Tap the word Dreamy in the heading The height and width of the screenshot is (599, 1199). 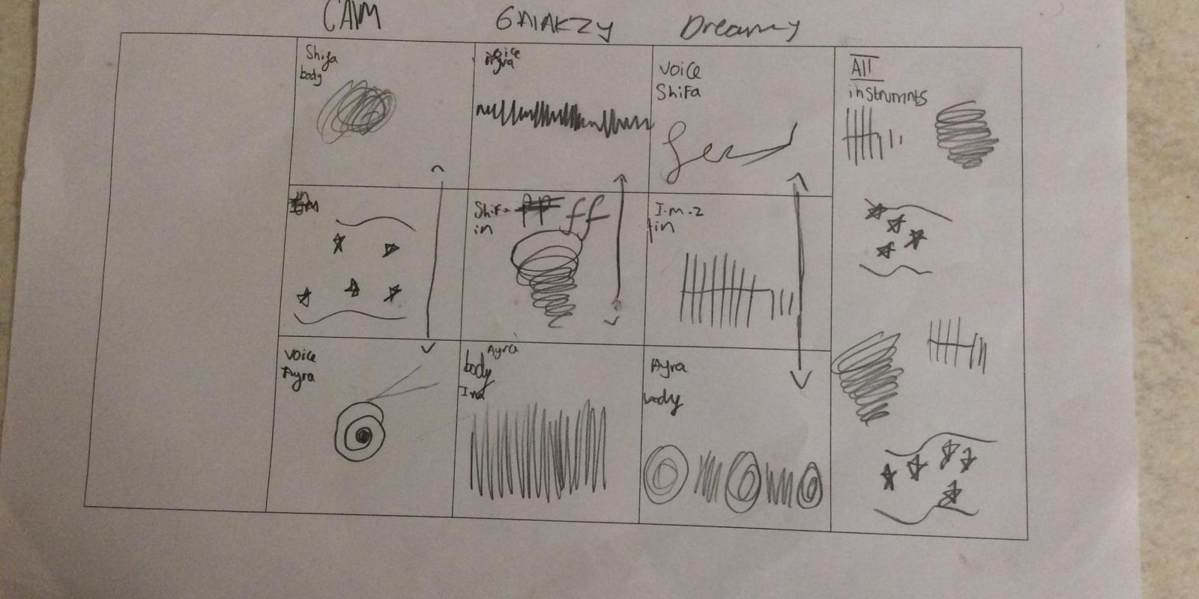(x=738, y=28)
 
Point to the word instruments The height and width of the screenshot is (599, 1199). (x=887, y=95)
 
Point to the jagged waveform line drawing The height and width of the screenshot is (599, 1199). (x=562, y=118)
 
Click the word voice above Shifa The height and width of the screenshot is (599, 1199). (x=680, y=70)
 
